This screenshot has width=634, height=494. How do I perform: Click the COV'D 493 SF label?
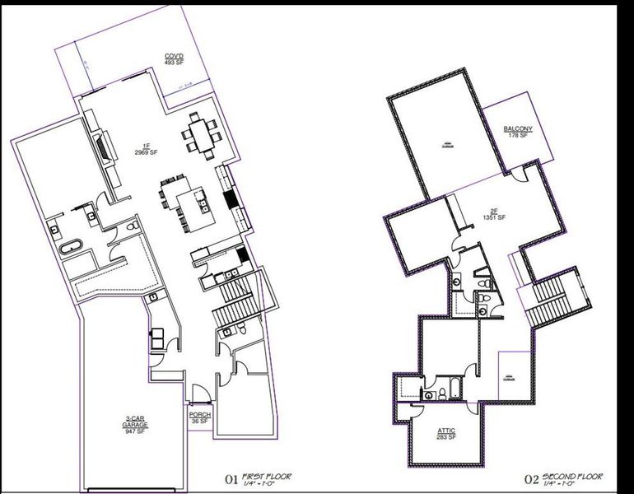click(173, 59)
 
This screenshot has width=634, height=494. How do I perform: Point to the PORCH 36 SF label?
click(200, 418)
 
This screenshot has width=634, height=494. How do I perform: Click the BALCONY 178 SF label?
click(518, 132)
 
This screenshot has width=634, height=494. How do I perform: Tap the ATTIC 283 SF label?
click(446, 434)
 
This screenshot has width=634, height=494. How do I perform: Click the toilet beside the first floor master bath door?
click(132, 226)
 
